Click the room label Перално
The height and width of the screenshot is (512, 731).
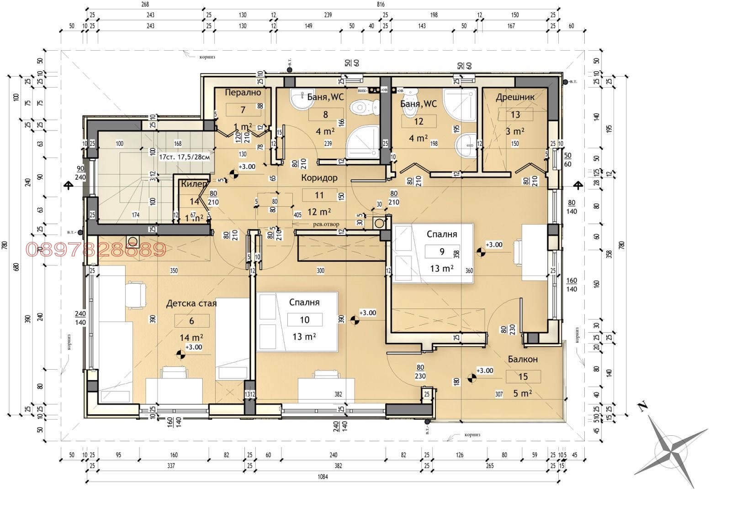point(243,93)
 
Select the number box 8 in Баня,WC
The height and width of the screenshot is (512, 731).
point(325,115)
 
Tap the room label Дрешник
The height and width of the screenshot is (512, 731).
point(515,97)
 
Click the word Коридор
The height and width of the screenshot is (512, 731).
point(319,178)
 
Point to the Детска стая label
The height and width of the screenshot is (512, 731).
point(191,303)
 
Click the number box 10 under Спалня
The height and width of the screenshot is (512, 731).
point(304,320)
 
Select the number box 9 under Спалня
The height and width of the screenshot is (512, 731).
point(441,251)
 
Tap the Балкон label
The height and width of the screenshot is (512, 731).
point(523,360)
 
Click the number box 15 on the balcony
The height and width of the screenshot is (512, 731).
point(523,376)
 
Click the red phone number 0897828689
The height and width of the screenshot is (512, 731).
point(95,250)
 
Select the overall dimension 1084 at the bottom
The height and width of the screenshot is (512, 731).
point(323,477)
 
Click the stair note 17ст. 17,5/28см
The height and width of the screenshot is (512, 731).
point(185,157)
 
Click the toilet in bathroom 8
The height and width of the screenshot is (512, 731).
point(363,109)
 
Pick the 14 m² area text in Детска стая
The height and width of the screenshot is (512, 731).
point(192,338)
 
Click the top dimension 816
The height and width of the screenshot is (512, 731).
point(381,5)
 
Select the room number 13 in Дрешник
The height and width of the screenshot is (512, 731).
point(515,115)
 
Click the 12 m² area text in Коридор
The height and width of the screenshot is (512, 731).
point(319,212)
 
